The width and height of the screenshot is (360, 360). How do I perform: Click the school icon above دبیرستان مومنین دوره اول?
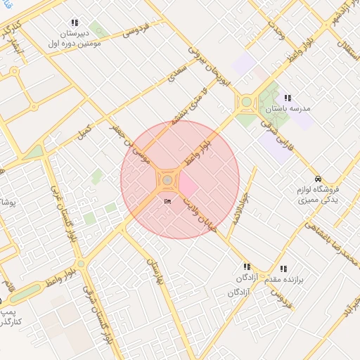(x=75, y=23)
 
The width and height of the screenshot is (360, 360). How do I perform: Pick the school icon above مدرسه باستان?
(x=287, y=98)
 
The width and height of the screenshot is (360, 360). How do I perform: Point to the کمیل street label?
(x=84, y=130)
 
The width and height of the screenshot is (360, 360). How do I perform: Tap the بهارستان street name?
(x=155, y=276)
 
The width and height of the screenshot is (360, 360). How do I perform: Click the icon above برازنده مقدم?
(x=283, y=269)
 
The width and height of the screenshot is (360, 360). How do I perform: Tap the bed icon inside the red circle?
(x=167, y=202)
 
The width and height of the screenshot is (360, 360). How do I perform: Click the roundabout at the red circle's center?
(x=167, y=181)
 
